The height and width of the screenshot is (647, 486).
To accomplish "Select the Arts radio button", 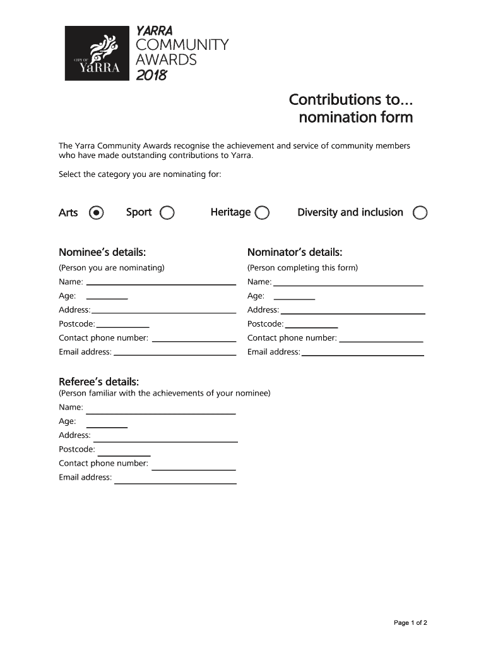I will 96,213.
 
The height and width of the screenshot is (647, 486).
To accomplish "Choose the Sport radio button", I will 167,213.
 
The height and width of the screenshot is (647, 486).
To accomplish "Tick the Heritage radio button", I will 263,213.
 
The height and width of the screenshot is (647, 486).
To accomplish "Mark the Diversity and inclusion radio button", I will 420,213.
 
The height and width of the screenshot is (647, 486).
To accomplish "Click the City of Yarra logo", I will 92,53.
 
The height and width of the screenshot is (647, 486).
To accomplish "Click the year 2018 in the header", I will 152,76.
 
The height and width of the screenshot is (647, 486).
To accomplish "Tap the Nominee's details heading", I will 102,253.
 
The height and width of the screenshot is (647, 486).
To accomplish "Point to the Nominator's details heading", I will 295,253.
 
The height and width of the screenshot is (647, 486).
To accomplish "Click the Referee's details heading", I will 98,382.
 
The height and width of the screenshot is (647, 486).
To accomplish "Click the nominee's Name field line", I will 160,284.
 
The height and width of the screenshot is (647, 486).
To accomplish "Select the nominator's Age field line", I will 294,298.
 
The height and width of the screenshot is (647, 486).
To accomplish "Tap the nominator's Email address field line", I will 362,354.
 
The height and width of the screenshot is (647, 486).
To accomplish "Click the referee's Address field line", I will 165,440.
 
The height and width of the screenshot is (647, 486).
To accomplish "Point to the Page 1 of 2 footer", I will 410,623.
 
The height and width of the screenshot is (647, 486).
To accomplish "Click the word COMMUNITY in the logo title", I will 182,45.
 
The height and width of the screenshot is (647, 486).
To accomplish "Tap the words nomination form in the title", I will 355,118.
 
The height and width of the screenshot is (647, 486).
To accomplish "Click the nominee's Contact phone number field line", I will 194,340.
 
